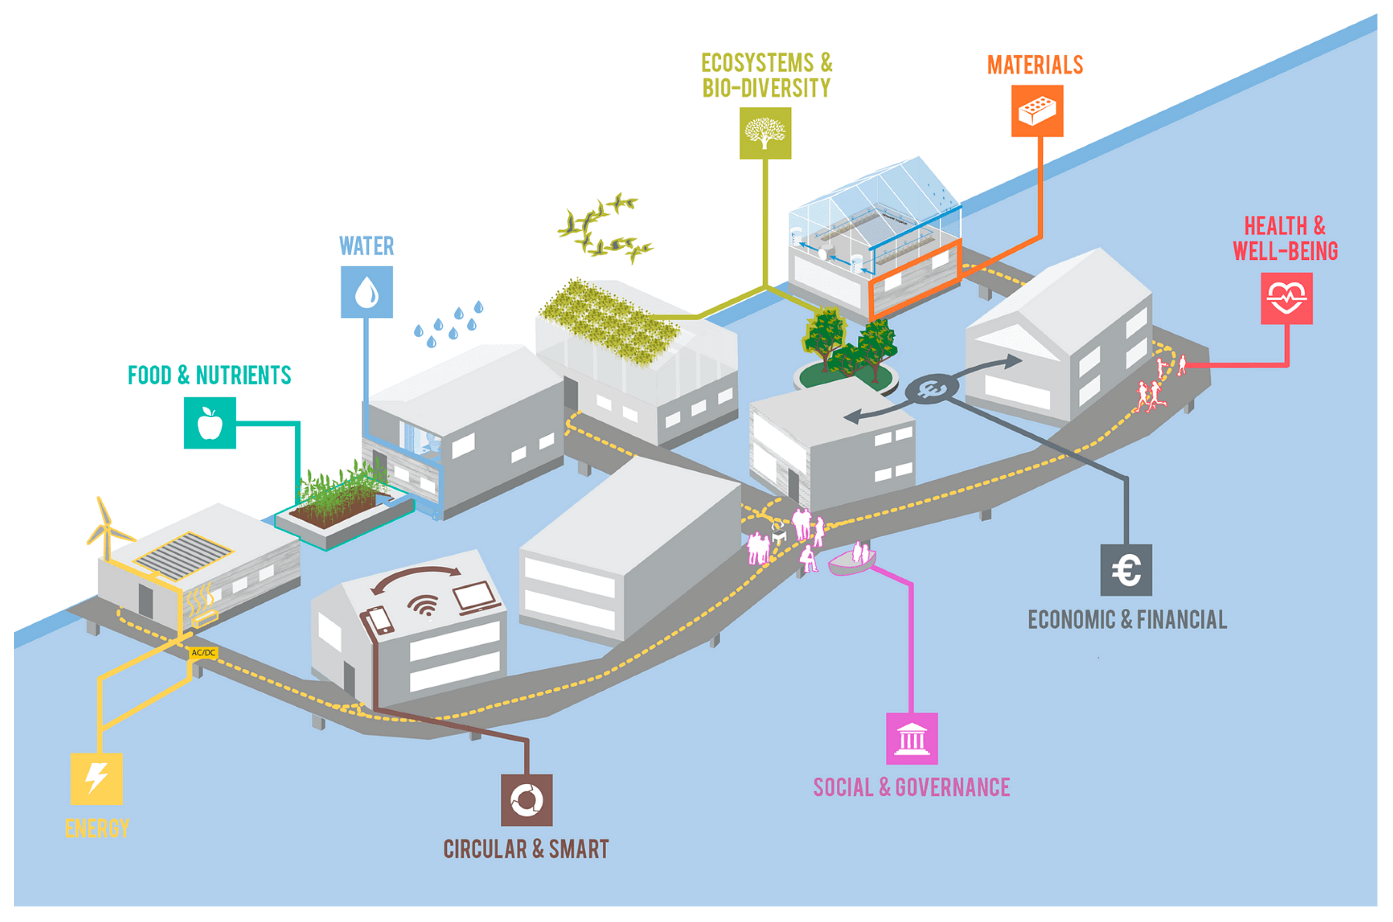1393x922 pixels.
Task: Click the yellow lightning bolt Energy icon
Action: click(96, 779)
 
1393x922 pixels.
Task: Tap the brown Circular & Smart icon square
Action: click(526, 800)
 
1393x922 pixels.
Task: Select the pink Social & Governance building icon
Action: click(911, 738)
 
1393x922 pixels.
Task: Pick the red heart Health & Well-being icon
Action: click(1286, 298)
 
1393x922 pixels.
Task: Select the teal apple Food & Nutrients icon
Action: click(210, 422)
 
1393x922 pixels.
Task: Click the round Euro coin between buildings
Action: click(931, 389)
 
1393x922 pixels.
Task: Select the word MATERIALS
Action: click(1035, 65)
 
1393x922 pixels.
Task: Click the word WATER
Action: click(366, 246)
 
